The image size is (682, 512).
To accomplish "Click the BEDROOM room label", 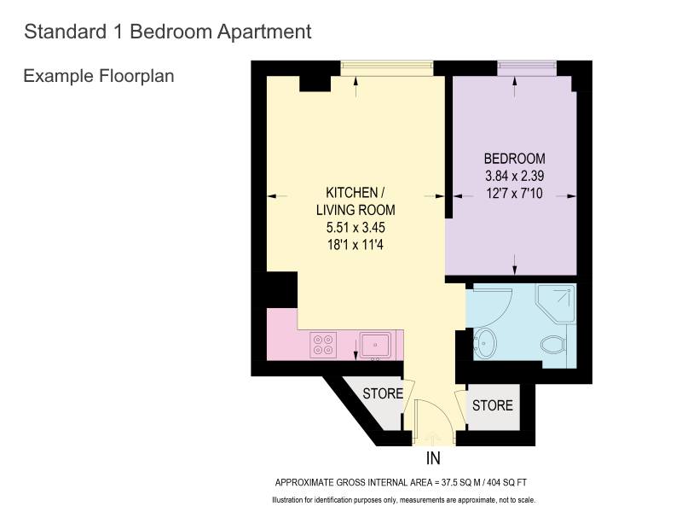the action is click(515, 158).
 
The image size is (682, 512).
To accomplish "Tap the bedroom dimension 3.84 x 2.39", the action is click(515, 176).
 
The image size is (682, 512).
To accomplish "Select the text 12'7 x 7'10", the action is click(515, 193).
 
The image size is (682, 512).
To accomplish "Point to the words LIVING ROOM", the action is click(355, 210).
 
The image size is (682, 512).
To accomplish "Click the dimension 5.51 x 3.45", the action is click(355, 227).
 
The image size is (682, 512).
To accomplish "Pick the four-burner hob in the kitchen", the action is click(323, 346).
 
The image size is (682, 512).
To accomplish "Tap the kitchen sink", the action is click(375, 346).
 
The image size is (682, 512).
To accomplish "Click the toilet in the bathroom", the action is click(554, 345).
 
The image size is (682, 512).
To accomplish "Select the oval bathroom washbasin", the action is click(485, 344).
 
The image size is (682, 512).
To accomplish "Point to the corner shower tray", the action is click(557, 304).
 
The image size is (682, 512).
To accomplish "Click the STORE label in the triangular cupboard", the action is click(383, 393).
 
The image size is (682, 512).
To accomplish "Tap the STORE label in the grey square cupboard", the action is click(493, 406).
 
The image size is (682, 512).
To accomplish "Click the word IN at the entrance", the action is click(433, 458).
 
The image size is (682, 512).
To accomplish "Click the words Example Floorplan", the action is click(99, 76).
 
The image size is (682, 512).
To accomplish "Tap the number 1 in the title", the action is click(118, 32).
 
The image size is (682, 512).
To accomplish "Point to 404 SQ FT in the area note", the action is click(506, 482).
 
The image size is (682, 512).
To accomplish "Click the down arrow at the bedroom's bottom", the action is click(515, 265).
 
